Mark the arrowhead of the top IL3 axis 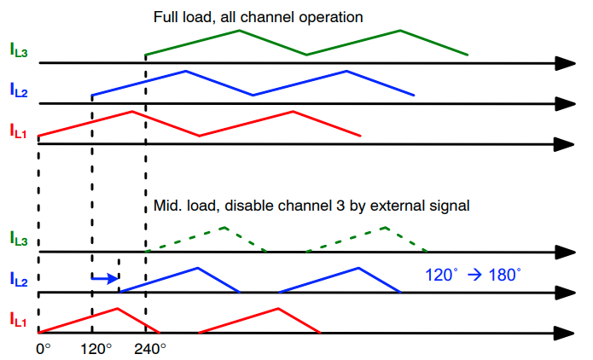[565, 63]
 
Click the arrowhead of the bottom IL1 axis [565, 333]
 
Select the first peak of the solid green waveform [239, 31]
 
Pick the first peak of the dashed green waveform [224, 227]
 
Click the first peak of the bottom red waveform [118, 308]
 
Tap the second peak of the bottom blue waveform [359, 268]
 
